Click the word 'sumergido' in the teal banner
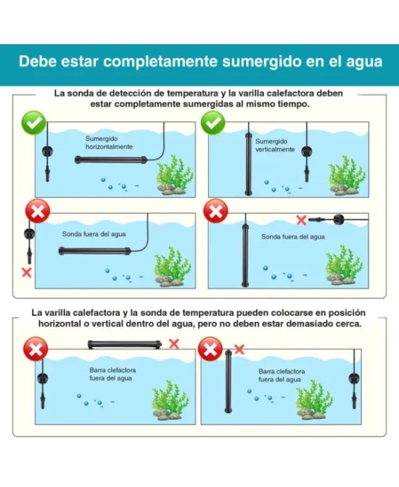(262, 62)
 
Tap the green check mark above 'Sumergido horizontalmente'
(33, 123)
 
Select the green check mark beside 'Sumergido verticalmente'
(213, 123)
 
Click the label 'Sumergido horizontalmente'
(109, 143)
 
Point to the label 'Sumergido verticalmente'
(275, 146)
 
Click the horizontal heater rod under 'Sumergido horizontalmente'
(111, 160)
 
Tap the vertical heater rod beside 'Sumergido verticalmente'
(248, 163)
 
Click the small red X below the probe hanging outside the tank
(27, 272)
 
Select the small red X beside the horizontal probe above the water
(301, 220)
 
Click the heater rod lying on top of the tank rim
(125, 344)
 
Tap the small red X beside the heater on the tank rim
(174, 344)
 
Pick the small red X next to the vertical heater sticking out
(239, 349)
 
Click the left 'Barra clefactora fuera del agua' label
(112, 374)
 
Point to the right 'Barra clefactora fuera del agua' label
(281, 375)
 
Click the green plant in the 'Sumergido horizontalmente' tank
(174, 175)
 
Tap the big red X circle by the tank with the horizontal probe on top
(215, 211)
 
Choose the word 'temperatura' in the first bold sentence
(192, 93)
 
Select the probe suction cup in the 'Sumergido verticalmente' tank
(307, 151)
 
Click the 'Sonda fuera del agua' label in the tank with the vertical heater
(293, 237)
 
